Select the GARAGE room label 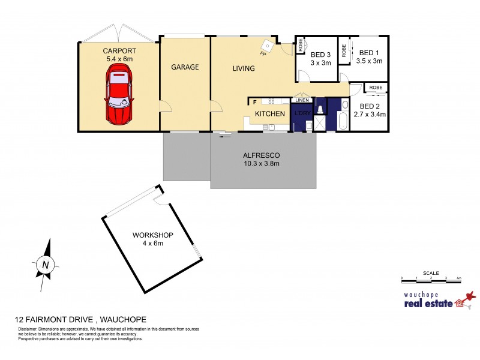185,67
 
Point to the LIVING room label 244,68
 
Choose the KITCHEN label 269,113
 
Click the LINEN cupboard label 301,100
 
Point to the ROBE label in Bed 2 376,88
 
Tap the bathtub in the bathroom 343,118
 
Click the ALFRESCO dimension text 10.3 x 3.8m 261,163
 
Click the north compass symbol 44,263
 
